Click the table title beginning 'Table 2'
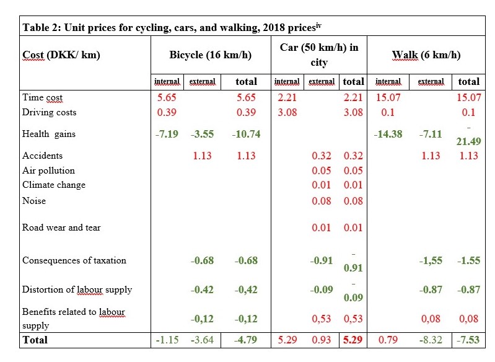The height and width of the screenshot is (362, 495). [x=172, y=27]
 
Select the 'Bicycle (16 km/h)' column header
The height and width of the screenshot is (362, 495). [x=210, y=55]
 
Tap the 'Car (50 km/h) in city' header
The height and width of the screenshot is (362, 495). [x=319, y=55]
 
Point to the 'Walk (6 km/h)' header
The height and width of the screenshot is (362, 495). [x=426, y=55]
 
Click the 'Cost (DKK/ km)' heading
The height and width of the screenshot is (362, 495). [x=61, y=55]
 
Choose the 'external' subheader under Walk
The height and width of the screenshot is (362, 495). [x=431, y=81]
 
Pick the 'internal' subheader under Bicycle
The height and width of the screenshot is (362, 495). [x=167, y=81]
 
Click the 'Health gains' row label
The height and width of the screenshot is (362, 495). [x=49, y=134]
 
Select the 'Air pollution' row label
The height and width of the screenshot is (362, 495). [x=48, y=170]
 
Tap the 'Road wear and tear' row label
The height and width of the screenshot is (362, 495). [x=61, y=227]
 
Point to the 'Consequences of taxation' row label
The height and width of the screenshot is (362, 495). [x=74, y=260]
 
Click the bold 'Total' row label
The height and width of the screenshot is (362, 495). [x=35, y=340]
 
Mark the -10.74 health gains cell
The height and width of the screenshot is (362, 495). [x=246, y=134]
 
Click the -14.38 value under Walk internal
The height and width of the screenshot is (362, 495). [x=388, y=134]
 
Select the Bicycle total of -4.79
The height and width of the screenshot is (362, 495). [x=246, y=340]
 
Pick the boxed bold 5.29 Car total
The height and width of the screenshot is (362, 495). [x=353, y=340]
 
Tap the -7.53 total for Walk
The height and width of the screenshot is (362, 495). [x=468, y=340]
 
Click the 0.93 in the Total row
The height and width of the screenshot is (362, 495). [x=322, y=340]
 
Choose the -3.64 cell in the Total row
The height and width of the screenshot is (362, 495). [x=202, y=340]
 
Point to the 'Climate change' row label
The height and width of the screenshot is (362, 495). [x=54, y=185]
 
